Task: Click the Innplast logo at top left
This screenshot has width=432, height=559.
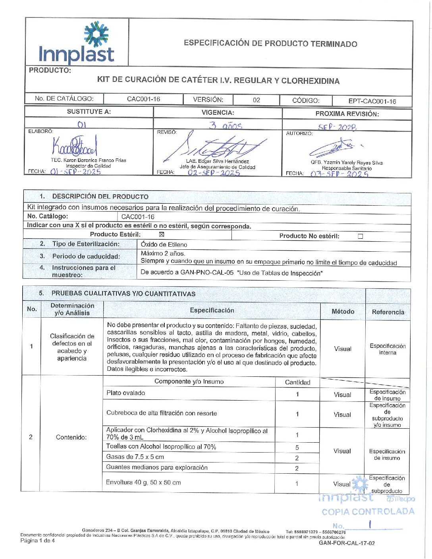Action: (x=77, y=43)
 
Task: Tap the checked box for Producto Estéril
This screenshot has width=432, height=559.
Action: (x=161, y=235)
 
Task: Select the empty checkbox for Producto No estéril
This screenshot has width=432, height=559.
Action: (x=360, y=236)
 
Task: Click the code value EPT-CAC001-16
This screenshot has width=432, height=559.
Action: (x=372, y=101)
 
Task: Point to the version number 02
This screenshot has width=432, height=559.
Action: (x=256, y=100)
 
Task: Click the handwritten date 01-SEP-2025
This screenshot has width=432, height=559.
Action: (x=75, y=172)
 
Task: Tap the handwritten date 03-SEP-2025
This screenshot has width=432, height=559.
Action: (x=339, y=174)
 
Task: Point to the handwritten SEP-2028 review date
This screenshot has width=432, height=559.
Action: (x=337, y=127)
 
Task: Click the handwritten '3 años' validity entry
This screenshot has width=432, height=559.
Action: (x=226, y=126)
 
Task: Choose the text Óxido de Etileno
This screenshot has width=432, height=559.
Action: (x=164, y=245)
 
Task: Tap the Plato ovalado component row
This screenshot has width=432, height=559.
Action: (x=126, y=393)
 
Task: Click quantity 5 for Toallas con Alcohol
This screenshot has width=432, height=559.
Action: (x=297, y=447)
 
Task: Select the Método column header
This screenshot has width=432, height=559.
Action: (x=343, y=312)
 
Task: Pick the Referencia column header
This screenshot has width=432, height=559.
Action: (x=388, y=312)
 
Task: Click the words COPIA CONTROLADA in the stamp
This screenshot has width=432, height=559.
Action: (x=368, y=512)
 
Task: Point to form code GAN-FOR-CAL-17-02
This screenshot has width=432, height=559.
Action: (x=347, y=543)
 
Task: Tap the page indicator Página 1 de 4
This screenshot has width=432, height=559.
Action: (x=38, y=541)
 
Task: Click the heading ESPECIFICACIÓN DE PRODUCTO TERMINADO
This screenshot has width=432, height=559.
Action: (x=270, y=44)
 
